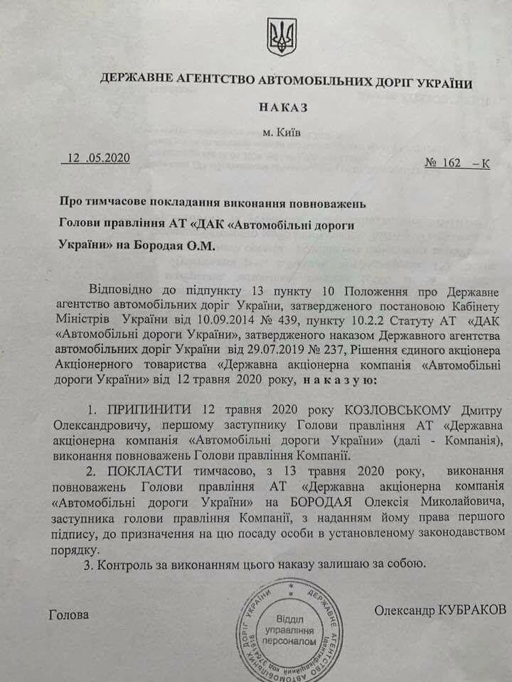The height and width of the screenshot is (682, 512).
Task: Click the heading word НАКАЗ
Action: pyautogui.click(x=279, y=107)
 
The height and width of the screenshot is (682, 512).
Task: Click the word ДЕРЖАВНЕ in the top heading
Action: pyautogui.click(x=127, y=82)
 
